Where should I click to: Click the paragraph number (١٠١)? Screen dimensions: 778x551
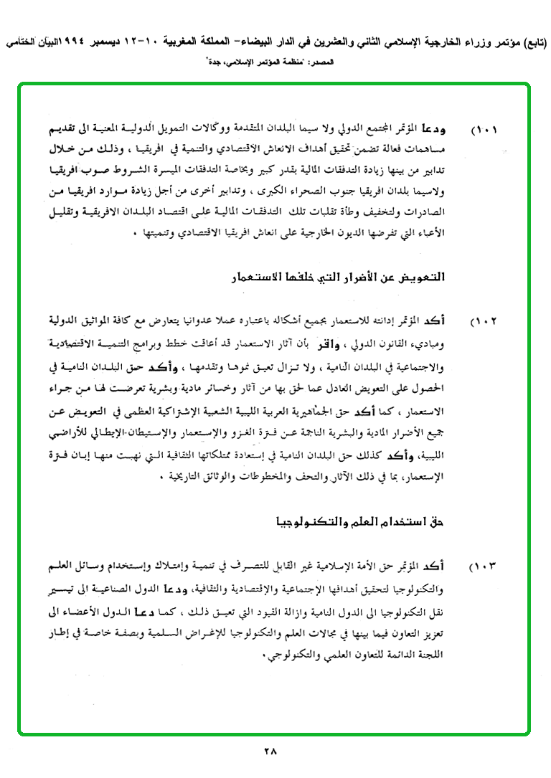484,132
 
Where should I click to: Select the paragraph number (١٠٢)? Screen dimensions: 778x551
484,321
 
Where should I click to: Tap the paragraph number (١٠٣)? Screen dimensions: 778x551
484,568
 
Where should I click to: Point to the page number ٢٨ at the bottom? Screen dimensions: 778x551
270,751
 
